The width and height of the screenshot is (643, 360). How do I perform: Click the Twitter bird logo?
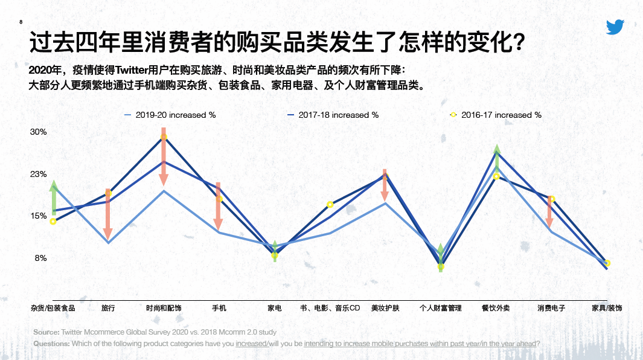coord(615,27)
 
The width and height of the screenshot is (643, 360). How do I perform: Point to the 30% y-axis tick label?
coord(39,132)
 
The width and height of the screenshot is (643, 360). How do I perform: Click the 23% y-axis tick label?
coord(39,175)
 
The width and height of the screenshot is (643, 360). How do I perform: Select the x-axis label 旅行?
coord(108,308)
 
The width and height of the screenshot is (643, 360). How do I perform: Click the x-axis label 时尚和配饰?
coord(164,308)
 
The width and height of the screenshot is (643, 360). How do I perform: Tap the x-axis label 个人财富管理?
coord(441,308)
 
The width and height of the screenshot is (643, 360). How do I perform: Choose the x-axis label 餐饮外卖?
coord(496,308)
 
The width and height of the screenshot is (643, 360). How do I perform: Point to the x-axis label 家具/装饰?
coord(606,308)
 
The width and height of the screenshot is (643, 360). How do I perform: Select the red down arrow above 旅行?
coord(108,214)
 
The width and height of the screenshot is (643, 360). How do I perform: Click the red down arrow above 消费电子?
coord(550,211)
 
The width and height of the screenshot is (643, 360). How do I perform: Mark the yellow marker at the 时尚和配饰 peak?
coord(164,138)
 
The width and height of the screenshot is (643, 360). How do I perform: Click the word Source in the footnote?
coord(45,332)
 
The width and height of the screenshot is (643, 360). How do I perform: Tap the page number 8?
coord(22,22)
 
